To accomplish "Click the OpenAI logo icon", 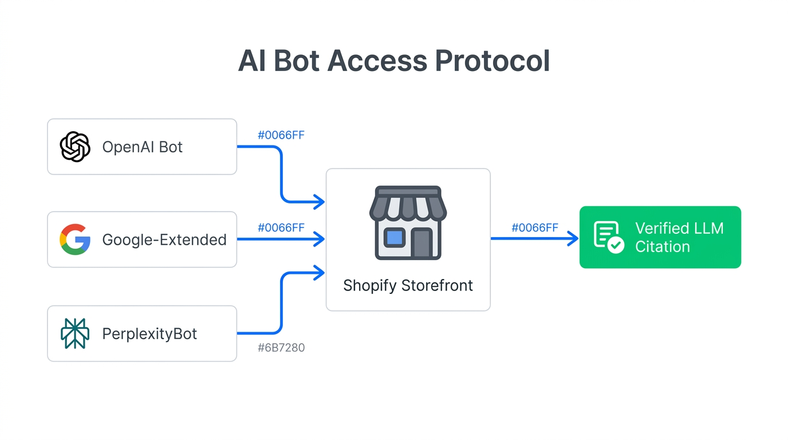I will [75, 147].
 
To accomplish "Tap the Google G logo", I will [75, 239].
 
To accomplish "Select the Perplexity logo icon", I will [75, 333].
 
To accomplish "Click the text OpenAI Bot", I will [142, 147].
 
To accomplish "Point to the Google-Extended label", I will [164, 239].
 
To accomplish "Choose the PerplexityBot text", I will [149, 333].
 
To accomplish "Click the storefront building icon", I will [408, 223].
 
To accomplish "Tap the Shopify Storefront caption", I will [408, 285].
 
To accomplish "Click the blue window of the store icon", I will [394, 237].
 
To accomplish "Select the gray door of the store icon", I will [421, 243].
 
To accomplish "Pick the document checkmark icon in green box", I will [608, 237].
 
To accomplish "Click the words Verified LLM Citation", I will [679, 237].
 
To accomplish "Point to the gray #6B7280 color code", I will [281, 348].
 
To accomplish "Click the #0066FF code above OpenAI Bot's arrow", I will [281, 135].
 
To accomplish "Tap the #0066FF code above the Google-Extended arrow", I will [281, 227].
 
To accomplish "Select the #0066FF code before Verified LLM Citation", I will [535, 227].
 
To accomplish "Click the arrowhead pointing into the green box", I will [573, 238].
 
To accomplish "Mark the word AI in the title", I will [251, 61].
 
